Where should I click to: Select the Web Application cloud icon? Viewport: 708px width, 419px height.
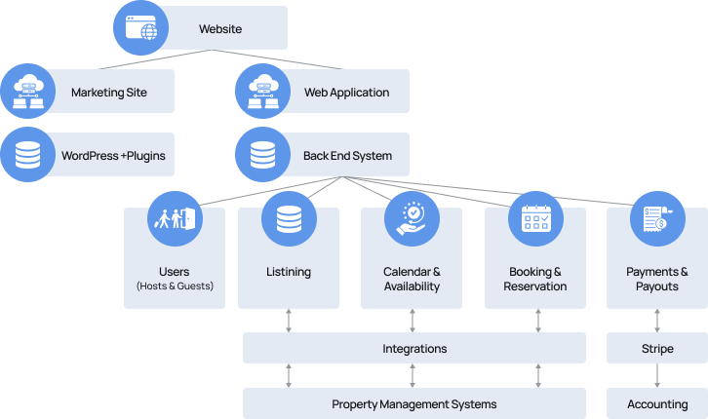coord(263,92)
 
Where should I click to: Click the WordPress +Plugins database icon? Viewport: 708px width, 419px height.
coord(28,155)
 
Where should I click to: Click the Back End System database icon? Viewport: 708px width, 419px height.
coord(263,155)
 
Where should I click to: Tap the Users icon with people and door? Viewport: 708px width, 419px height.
coord(174,219)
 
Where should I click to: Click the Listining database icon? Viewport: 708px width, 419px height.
coord(289,219)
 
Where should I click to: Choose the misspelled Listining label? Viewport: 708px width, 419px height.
coord(289,272)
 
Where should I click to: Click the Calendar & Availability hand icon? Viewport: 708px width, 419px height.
coord(412,219)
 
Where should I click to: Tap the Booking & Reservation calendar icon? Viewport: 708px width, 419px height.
coord(535,219)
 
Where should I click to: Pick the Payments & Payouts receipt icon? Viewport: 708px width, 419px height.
coord(656,219)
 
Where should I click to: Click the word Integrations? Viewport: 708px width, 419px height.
coord(414,348)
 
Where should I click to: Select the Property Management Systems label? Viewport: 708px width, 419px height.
coord(414,403)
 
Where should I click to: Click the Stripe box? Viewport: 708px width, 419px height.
coord(656,348)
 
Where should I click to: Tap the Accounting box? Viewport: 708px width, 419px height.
coord(656,403)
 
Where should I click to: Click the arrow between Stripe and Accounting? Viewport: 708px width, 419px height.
coord(656,375)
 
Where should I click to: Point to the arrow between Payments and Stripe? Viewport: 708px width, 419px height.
coord(656,321)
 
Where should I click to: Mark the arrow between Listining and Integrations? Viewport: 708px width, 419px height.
coord(289,321)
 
